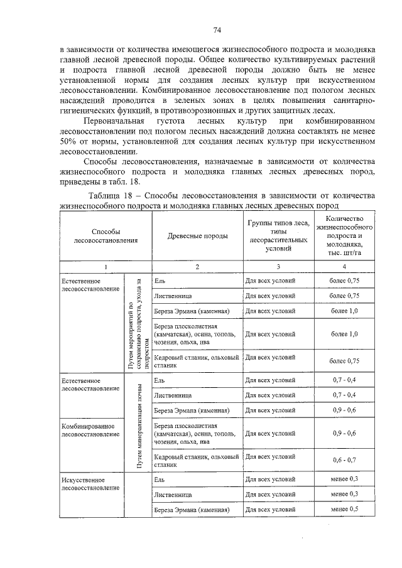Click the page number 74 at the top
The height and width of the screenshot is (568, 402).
click(217, 30)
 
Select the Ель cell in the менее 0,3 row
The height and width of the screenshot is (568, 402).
click(160, 480)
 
